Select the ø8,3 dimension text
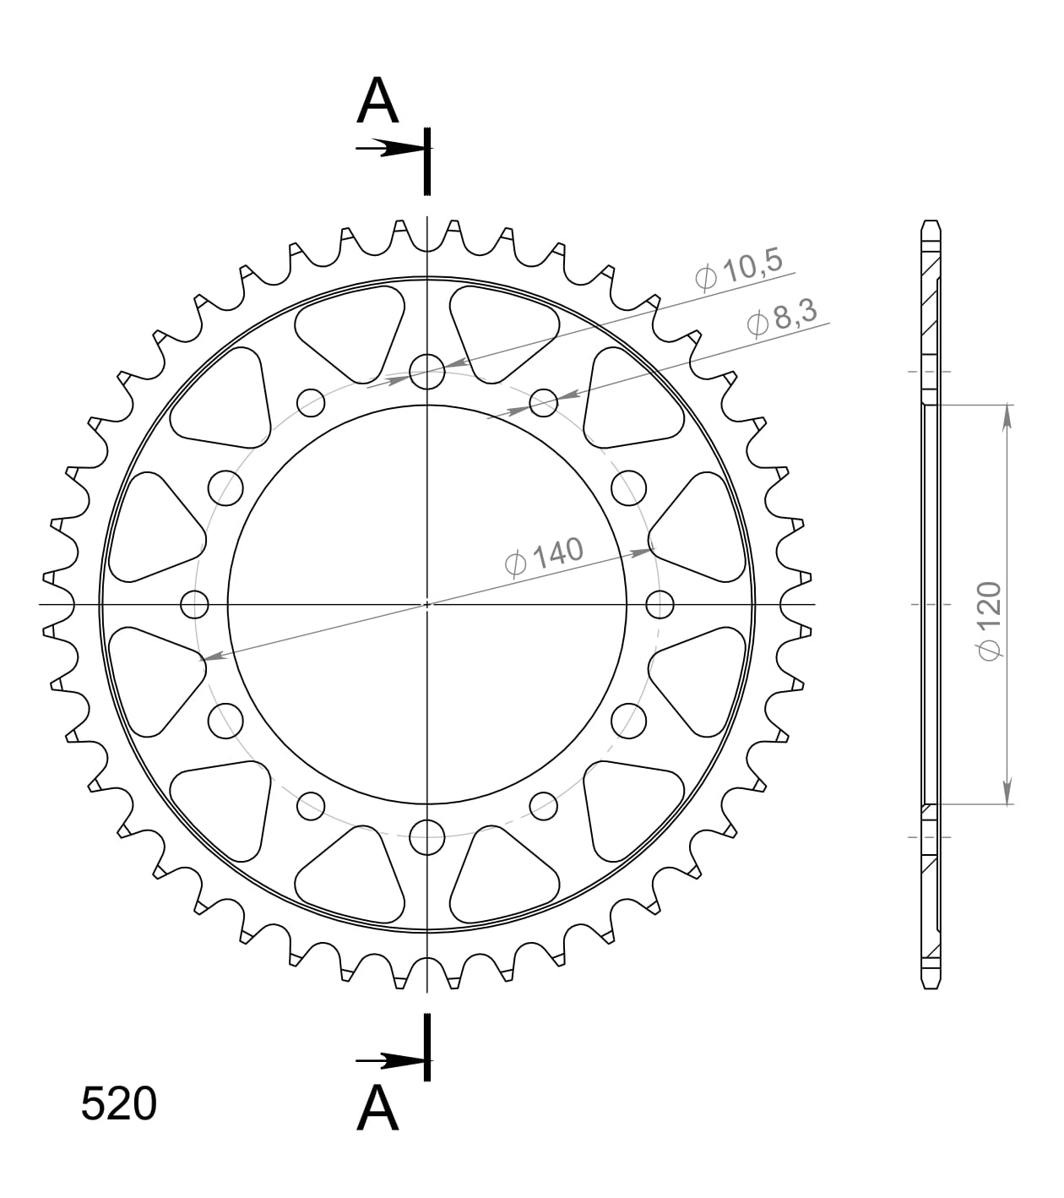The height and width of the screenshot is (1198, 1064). coord(782,319)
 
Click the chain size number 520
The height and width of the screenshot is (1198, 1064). coord(118,1103)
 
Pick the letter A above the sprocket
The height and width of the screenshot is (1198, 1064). coord(377,101)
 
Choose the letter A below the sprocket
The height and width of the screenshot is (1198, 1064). coord(377,1107)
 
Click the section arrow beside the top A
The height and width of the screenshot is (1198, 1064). coord(388,149)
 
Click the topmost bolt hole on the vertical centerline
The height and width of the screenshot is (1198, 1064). coord(427,371)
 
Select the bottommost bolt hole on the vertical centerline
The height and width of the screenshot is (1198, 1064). coord(427,837)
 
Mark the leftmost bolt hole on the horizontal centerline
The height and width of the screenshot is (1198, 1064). coord(194,604)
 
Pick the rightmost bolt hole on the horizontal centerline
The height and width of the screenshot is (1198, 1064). coord(660,604)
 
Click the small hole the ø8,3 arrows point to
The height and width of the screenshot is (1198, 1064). coord(544,402)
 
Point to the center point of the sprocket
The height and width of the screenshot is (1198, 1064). coord(427,604)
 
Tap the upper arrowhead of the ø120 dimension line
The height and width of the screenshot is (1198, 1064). coord(1007,416)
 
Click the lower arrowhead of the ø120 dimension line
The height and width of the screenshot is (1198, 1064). coord(1007,792)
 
